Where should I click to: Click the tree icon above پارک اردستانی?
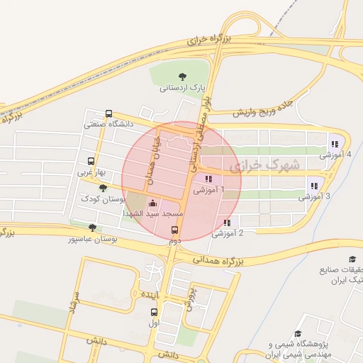click(183, 76)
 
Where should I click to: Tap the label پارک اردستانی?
click(183, 88)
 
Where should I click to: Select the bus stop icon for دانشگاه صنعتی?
click(108, 113)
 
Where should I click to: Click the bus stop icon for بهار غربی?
click(90, 161)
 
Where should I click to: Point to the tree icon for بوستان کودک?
click(104, 188)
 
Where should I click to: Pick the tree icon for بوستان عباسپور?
click(92, 228)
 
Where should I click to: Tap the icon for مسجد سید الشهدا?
click(153, 203)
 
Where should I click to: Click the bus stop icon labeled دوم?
click(175, 230)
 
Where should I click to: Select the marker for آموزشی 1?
click(208, 179)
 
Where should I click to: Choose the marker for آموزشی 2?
click(227, 223)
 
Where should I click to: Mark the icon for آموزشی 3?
click(313, 186)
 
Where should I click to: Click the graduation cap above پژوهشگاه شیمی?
click(298, 333)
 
